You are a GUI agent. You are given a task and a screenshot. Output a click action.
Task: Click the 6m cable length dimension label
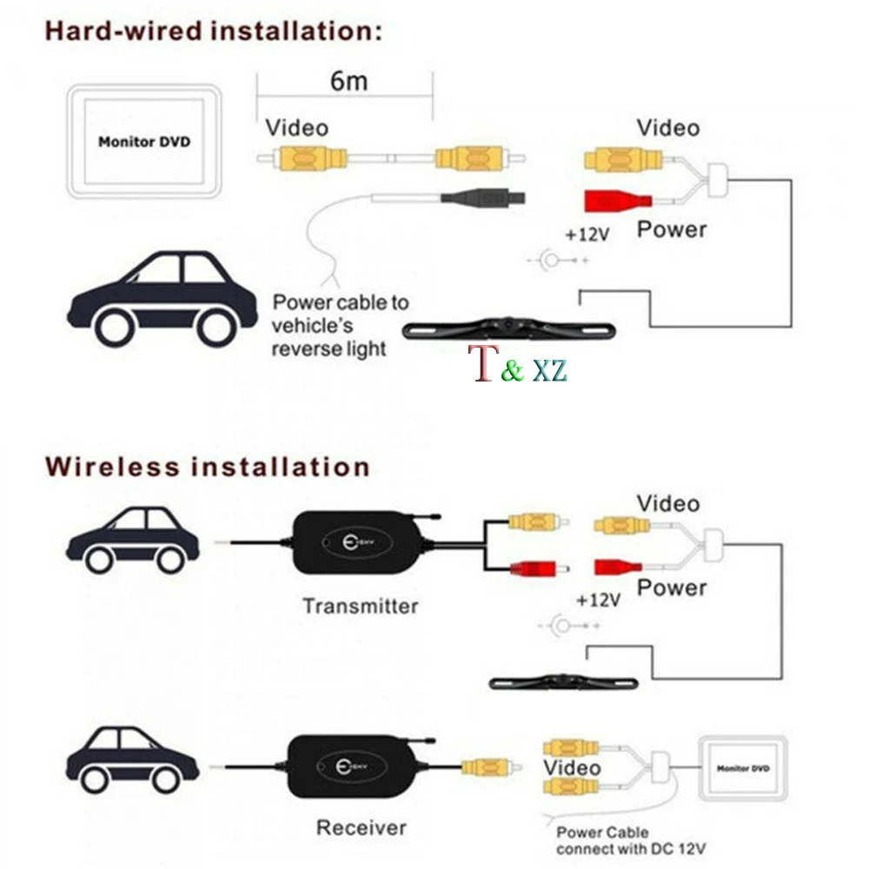[348, 81]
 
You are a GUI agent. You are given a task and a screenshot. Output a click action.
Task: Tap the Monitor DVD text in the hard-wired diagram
[143, 142]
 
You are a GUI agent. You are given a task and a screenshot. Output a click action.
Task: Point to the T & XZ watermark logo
[518, 365]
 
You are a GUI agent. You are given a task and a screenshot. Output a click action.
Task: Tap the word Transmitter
[360, 606]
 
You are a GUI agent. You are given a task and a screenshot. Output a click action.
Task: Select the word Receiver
[361, 827]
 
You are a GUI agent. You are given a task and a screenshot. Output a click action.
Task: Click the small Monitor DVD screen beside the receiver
[743, 769]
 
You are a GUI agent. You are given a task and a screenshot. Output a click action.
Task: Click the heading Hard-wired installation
[213, 32]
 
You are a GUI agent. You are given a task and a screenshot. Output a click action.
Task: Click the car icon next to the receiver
[133, 761]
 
